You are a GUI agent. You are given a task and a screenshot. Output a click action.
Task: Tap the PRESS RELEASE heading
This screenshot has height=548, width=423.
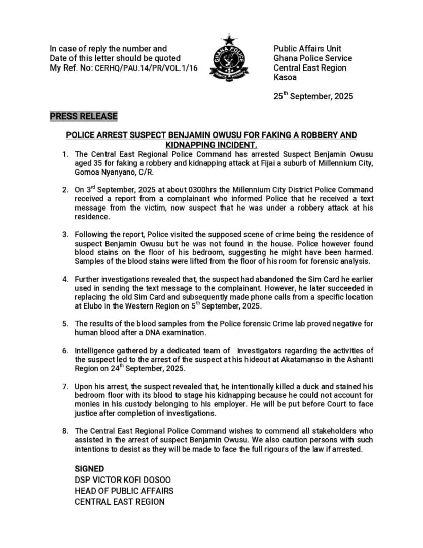coord(84,116)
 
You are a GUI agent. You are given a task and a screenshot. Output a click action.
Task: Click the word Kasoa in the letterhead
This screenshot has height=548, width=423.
coord(285,78)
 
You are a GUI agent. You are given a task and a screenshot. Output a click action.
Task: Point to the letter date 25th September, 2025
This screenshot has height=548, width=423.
coord(313,96)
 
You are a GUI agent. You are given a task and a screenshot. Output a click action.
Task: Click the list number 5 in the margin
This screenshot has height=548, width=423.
coord(65,323)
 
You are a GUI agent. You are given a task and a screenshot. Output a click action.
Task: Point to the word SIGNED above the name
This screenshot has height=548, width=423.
coord(89,469)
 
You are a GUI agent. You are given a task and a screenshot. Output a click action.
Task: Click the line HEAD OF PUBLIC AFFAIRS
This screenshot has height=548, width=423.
coord(124,491)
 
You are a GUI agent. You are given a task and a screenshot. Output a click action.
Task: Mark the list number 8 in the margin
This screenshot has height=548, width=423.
coord(65,431)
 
